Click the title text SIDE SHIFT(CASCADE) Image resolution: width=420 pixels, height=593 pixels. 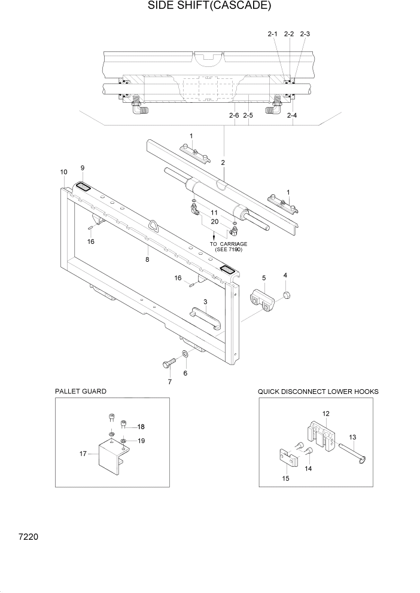click(209, 7)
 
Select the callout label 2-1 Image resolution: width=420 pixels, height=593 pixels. click(272, 34)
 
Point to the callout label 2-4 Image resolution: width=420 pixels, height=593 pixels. click(292, 115)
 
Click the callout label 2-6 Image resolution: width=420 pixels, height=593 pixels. click(233, 115)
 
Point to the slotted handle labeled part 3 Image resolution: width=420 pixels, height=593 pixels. click(205, 317)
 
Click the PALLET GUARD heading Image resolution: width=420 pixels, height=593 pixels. click(80, 391)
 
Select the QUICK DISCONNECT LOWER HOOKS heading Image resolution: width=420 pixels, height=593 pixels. click(318, 391)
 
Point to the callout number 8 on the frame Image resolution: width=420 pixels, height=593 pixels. click(147, 259)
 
